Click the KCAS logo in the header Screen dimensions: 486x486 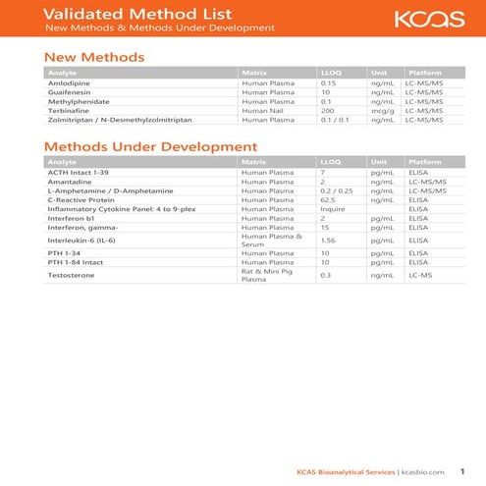425,19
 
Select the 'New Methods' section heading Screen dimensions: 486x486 94,57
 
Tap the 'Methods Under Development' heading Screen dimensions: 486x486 150,146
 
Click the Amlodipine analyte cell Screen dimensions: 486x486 68,83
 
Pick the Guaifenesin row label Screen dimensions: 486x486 68,92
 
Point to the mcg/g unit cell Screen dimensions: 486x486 382,110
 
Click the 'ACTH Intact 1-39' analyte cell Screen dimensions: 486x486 76,173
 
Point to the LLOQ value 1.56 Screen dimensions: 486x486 329,240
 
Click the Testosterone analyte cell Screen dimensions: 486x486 71,276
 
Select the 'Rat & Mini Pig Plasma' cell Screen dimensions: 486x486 267,276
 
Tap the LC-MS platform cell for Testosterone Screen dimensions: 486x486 419,276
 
